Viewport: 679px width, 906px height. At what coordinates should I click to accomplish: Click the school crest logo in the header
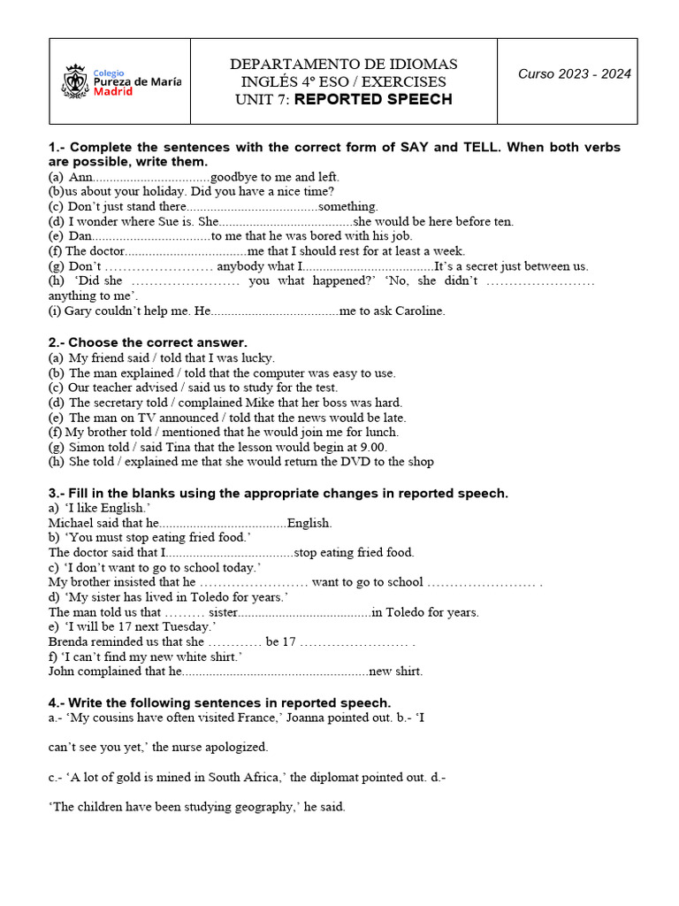pos(75,81)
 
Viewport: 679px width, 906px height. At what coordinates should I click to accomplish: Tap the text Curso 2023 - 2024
pos(575,73)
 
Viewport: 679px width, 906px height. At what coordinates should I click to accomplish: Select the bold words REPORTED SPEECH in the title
pos(373,99)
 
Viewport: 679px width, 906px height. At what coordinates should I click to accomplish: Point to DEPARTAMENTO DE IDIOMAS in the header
pos(344,64)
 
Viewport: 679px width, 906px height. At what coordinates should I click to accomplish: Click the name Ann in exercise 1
pos(80,177)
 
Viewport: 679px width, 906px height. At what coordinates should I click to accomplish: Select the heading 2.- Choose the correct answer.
pos(148,342)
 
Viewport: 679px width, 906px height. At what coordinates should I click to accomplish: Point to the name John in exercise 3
pos(64,672)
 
